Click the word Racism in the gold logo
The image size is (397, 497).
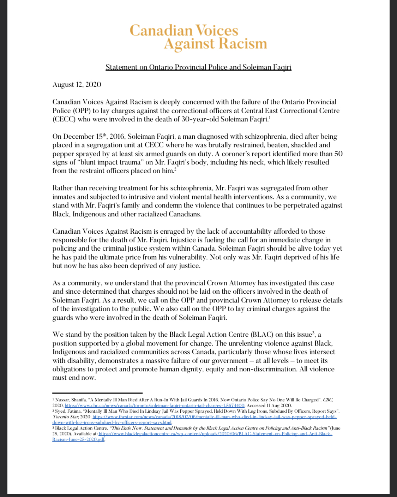pos(243,44)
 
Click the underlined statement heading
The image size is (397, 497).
pos(198,67)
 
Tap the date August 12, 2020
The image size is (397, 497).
pos(77,85)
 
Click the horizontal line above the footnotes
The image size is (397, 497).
pos(97,393)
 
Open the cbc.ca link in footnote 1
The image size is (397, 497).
pos(155,406)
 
